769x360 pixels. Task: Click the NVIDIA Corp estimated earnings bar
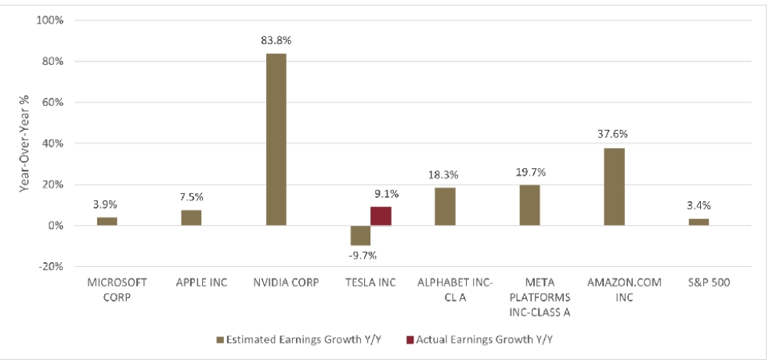point(276,139)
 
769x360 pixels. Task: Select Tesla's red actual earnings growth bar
point(381,216)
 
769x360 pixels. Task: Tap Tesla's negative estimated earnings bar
point(360,235)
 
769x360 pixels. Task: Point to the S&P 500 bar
point(699,222)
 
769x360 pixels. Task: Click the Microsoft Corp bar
point(107,221)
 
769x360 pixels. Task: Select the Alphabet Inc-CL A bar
point(445,207)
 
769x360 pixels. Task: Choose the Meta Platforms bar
point(529,205)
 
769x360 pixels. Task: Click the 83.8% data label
point(276,40)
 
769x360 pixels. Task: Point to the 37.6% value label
point(615,134)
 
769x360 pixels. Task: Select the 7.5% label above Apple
point(191,196)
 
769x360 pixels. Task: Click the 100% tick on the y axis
point(50,20)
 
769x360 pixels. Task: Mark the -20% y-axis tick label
point(52,266)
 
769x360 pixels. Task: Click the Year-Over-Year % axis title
point(24,143)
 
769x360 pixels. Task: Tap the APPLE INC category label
point(192,283)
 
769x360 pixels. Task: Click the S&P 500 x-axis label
point(699,283)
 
